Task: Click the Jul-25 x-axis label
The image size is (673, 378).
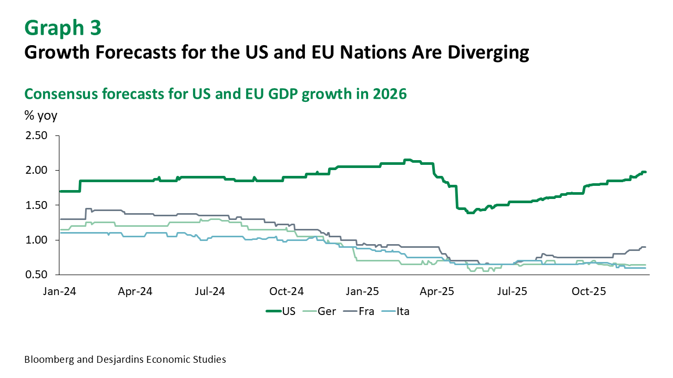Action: [513, 290]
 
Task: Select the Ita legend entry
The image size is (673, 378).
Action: [403, 311]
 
